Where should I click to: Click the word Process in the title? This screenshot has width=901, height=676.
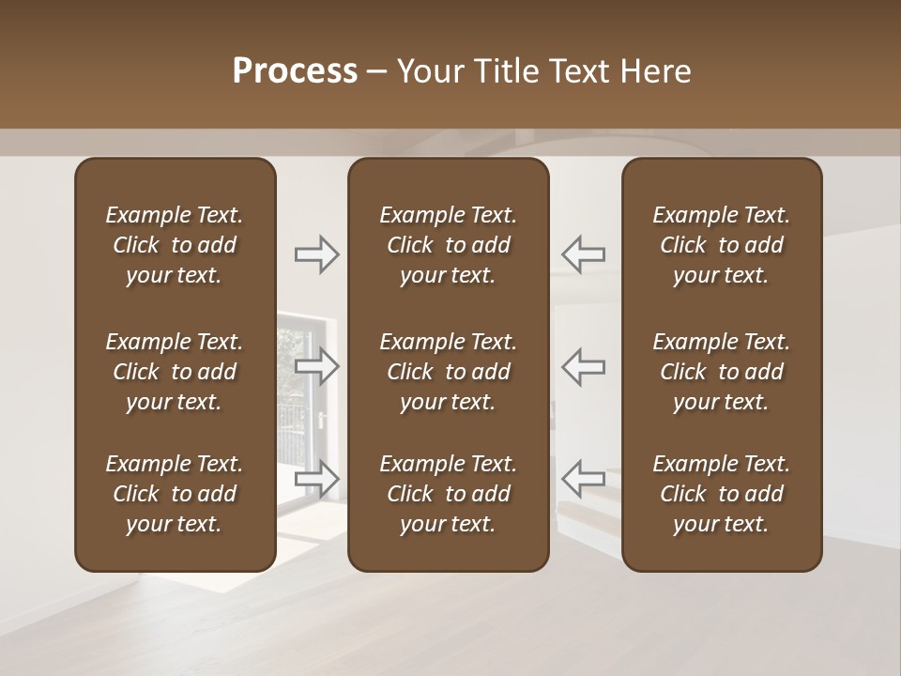pyautogui.click(x=295, y=71)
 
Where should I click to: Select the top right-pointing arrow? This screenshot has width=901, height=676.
pyautogui.click(x=317, y=254)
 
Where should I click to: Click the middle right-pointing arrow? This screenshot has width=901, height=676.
pyautogui.click(x=317, y=366)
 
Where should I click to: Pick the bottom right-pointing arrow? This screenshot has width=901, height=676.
pyautogui.click(x=317, y=478)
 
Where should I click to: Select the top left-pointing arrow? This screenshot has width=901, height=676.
pyautogui.click(x=583, y=254)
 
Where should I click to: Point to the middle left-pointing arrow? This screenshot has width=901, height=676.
pyautogui.click(x=583, y=366)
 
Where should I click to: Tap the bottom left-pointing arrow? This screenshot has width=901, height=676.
pyautogui.click(x=583, y=478)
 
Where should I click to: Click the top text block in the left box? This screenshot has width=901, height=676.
pyautogui.click(x=175, y=245)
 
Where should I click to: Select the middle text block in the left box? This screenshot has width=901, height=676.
pyautogui.click(x=175, y=372)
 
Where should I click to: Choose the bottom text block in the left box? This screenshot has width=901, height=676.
pyautogui.click(x=175, y=494)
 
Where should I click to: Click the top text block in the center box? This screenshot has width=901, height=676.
pyautogui.click(x=448, y=245)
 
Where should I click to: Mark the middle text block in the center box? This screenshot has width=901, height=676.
pyautogui.click(x=448, y=372)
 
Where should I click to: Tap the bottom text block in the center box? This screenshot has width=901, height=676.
pyautogui.click(x=448, y=494)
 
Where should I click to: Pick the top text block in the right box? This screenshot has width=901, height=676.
pyautogui.click(x=721, y=245)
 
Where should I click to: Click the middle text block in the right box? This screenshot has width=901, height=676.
pyautogui.click(x=721, y=372)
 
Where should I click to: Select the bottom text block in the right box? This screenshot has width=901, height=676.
pyautogui.click(x=721, y=494)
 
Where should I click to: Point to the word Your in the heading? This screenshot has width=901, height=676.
pyautogui.click(x=429, y=71)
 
